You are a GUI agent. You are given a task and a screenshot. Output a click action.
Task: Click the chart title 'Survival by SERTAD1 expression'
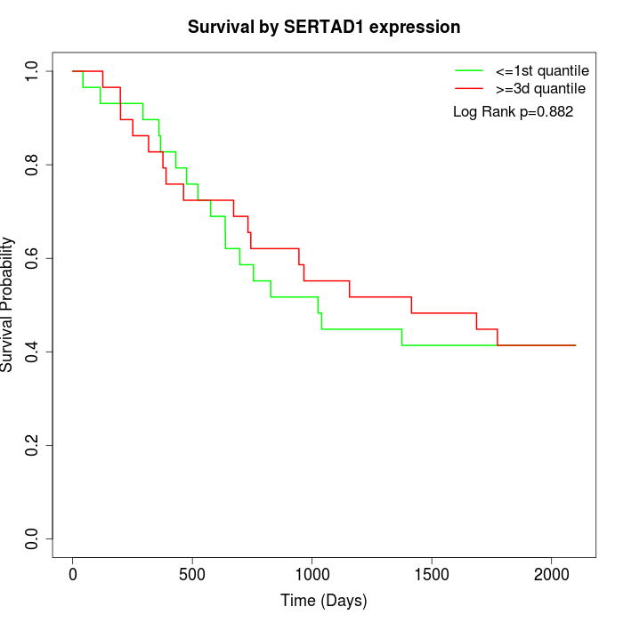coord(324,28)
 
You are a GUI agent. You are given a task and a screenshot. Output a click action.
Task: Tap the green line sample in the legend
coord(469,70)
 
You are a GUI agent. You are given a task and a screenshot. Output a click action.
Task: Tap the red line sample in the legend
coord(469,88)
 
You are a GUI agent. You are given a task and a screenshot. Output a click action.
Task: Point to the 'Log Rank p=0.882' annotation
coord(513,112)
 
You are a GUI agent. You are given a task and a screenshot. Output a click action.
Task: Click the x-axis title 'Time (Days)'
coord(324,601)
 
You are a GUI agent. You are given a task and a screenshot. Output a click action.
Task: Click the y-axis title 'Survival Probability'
coord(8,304)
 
